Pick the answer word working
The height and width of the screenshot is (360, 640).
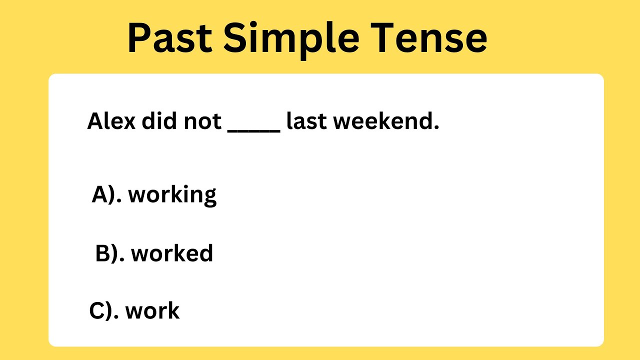(x=172, y=195)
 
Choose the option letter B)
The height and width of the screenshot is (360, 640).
(x=110, y=253)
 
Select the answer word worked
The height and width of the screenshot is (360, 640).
(x=172, y=253)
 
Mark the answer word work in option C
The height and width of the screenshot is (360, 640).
(x=152, y=311)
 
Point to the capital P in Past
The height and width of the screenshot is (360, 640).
(x=139, y=39)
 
